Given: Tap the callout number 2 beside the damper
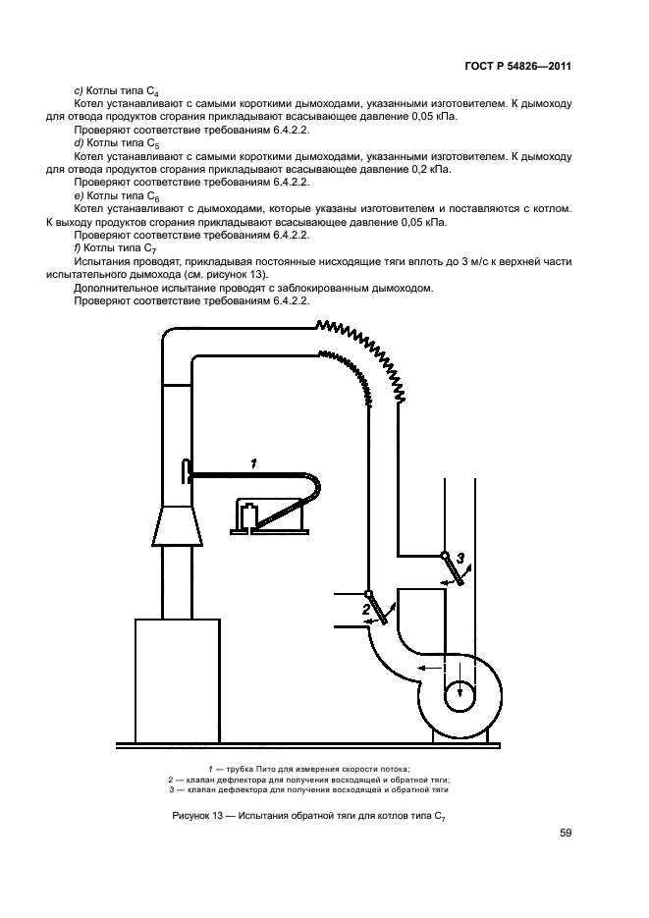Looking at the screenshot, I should coord(365,610).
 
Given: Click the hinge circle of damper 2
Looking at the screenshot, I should coord(368,594).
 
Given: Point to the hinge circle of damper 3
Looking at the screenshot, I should coord(446,556).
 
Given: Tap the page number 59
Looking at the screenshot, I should coord(565,833).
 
